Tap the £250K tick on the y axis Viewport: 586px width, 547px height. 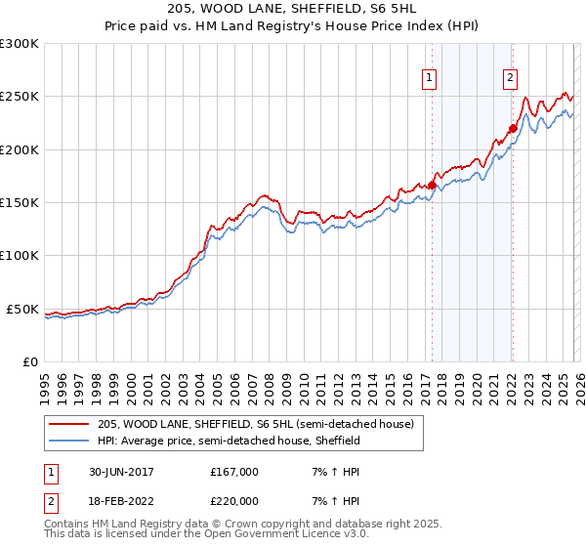(20, 97)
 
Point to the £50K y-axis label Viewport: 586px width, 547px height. (22, 309)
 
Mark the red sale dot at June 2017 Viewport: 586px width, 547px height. (432, 185)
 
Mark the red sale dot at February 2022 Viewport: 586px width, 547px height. (512, 128)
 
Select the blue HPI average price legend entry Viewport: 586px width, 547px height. (229, 441)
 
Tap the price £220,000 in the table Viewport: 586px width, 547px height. (234, 501)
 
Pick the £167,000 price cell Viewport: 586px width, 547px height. (234, 472)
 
